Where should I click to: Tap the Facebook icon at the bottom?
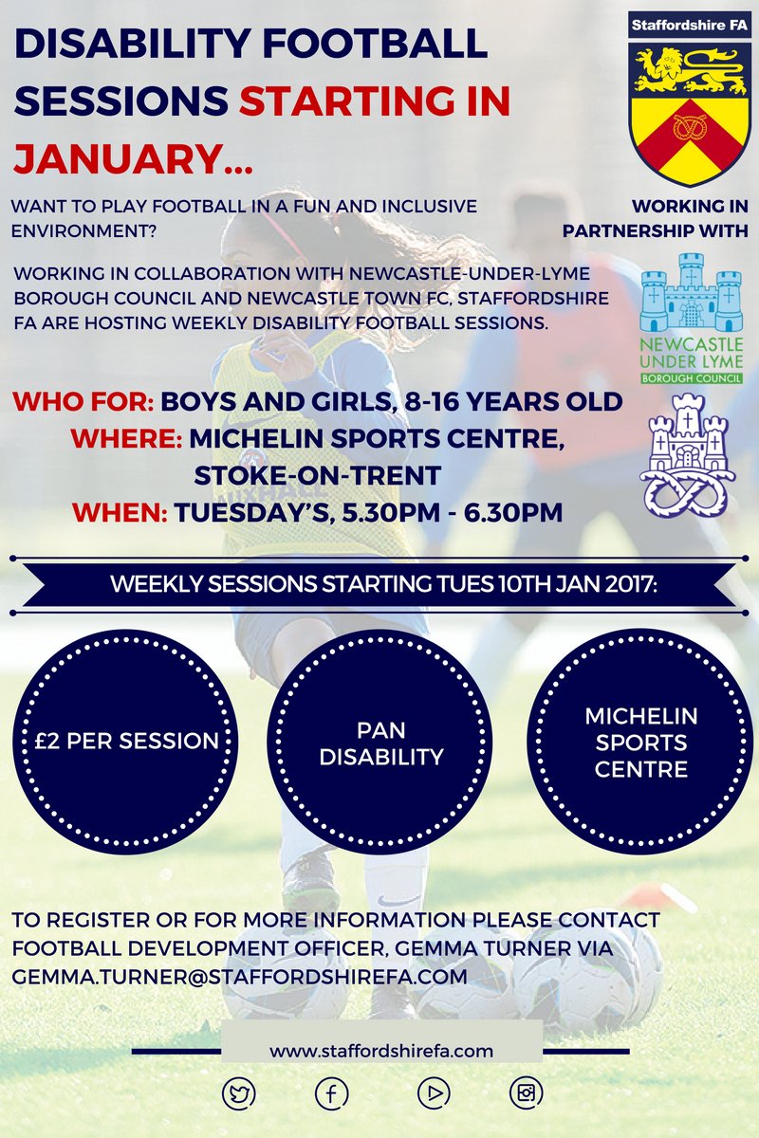point(331,1093)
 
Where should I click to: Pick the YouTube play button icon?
point(433,1093)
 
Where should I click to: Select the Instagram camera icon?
point(525,1093)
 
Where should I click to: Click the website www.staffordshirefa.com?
point(381,1050)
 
